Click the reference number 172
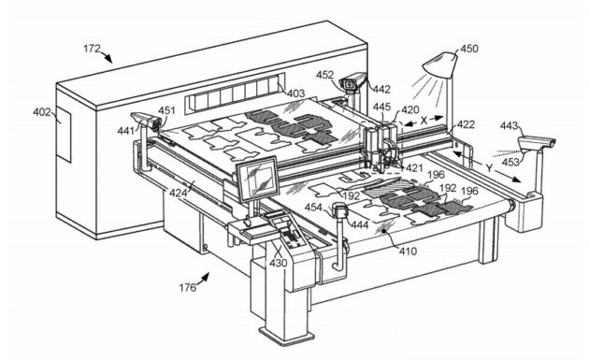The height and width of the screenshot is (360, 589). [92, 49]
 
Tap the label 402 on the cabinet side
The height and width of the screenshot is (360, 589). [42, 111]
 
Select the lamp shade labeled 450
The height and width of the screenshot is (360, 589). [440, 65]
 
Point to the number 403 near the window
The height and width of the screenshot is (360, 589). [296, 93]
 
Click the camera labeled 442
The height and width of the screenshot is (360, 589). [352, 81]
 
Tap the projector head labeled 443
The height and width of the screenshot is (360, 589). [537, 144]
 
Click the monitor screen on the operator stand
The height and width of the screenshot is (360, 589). [258, 179]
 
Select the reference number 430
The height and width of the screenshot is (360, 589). [278, 263]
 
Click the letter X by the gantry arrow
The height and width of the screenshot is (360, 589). [424, 121]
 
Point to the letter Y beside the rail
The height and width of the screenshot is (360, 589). [489, 168]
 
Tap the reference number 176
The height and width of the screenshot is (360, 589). [187, 287]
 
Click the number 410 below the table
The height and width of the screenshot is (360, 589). [408, 251]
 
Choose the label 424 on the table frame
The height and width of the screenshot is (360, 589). [178, 193]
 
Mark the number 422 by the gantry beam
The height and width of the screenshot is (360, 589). [466, 124]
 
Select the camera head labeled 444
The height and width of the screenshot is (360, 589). [339, 210]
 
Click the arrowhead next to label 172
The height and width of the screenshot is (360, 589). [108, 58]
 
